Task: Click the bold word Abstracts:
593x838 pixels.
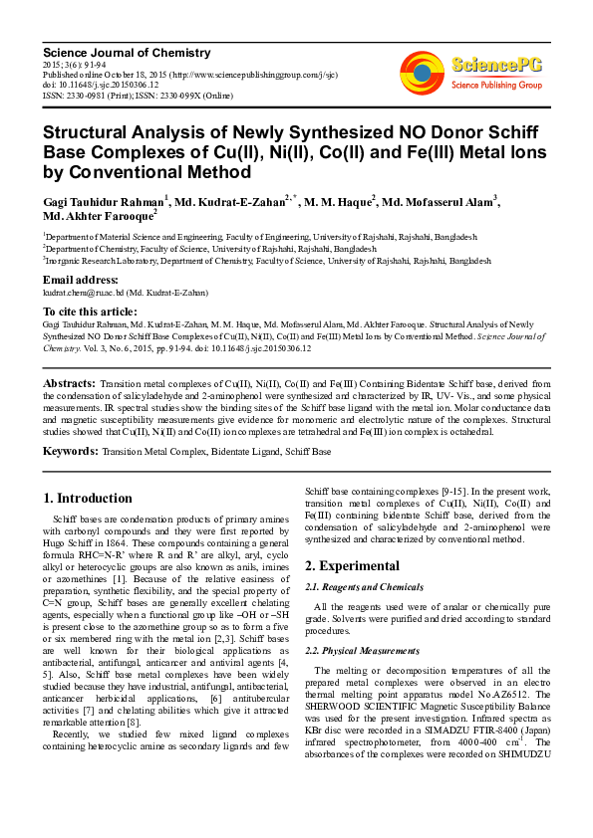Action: tap(70, 382)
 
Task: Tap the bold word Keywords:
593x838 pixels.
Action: tap(72, 451)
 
